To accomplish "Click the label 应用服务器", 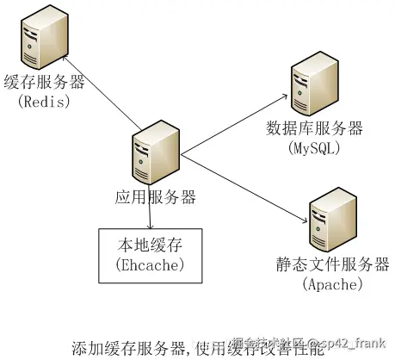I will tap(156, 196).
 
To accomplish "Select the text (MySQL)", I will tap(315, 148).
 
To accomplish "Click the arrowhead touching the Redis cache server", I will tap(65, 59).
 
